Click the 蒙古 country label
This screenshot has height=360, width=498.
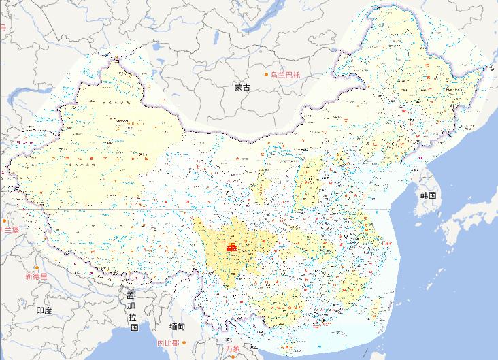242,87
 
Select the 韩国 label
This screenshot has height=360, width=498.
428,195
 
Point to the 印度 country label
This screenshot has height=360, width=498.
44,310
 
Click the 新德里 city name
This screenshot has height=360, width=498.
36,276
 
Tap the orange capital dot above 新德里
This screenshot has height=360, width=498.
37,268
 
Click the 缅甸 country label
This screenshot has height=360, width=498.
178,327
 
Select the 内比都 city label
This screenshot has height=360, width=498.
167,343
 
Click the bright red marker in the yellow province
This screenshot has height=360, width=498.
231,246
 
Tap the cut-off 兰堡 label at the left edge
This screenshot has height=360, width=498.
10,230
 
